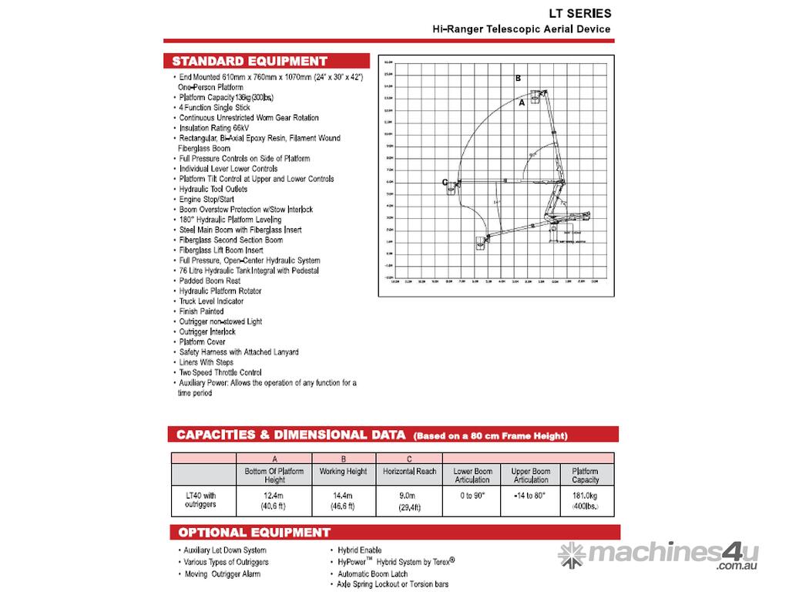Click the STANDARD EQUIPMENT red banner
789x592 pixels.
tap(250, 61)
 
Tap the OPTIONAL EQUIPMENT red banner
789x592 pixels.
tap(254, 533)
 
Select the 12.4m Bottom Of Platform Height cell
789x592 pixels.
tap(274, 499)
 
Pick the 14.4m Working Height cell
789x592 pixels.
tap(343, 499)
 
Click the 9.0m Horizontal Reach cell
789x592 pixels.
tap(409, 499)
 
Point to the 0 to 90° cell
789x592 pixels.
tap(472, 495)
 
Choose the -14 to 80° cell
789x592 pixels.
tap(531, 495)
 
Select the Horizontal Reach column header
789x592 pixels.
tap(409, 471)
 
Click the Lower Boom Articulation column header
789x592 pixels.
tap(472, 475)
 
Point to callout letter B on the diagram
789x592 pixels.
tap(519, 79)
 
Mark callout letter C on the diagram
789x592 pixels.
tap(445, 182)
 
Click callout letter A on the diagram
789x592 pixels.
tap(522, 102)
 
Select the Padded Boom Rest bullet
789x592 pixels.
tap(210, 281)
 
